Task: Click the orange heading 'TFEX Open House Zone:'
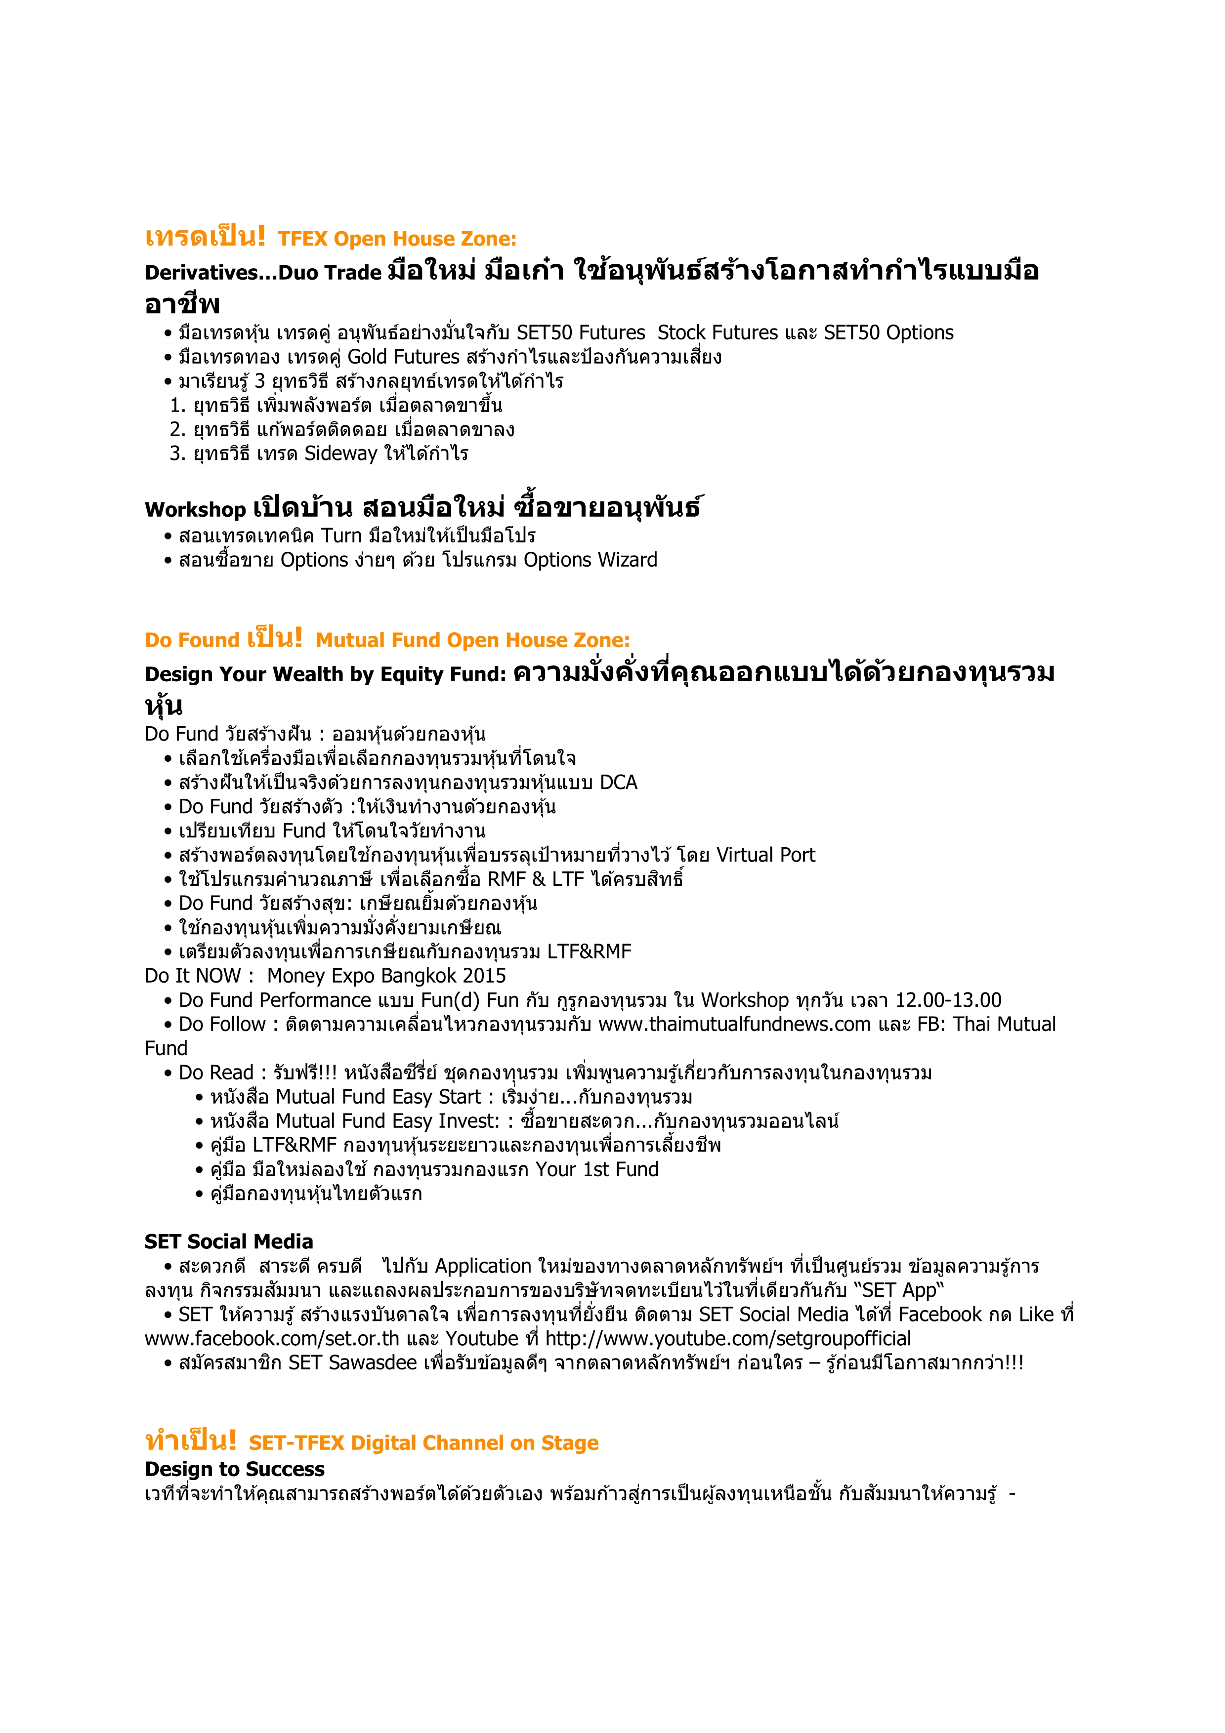[397, 239]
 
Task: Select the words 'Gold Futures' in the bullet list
[403, 357]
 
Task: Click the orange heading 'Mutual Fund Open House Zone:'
[472, 641]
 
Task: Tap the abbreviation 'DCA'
[618, 783]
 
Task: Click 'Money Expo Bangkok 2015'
[386, 976]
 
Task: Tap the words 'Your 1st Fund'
[597, 1169]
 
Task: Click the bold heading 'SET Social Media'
[229, 1241]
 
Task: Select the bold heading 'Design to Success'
[235, 1468]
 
